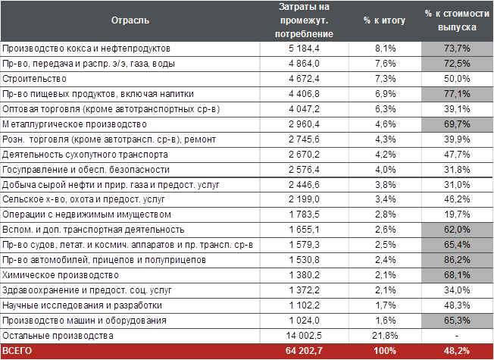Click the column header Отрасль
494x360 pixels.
pyautogui.click(x=130, y=20)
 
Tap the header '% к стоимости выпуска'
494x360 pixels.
pyautogui.click(x=457, y=20)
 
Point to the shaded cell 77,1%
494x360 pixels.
pyautogui.click(x=458, y=93)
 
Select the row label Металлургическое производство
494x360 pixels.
pyautogui.click(x=73, y=124)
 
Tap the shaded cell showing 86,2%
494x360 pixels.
pyautogui.click(x=458, y=260)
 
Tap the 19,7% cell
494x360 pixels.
pyautogui.click(x=458, y=214)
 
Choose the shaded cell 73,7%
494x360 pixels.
pyautogui.click(x=458, y=48)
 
